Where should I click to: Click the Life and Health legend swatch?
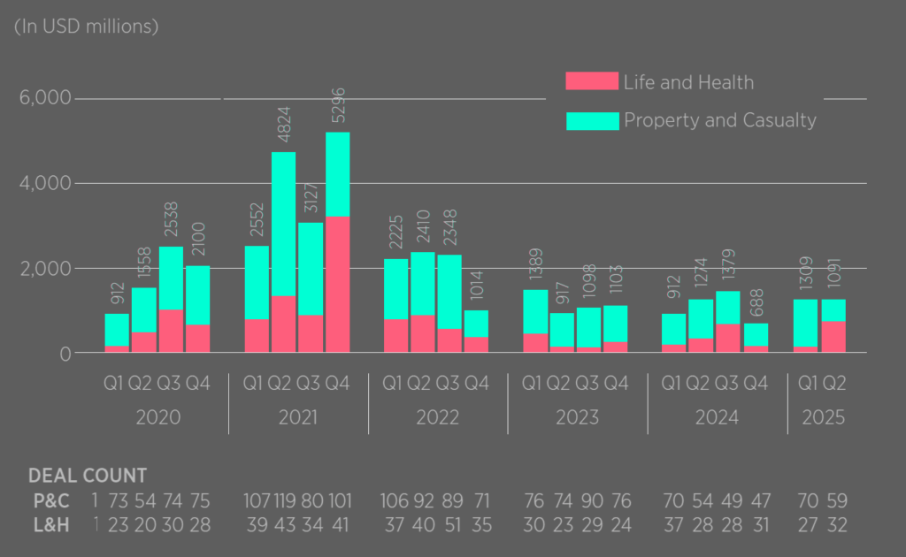pyautogui.click(x=592, y=82)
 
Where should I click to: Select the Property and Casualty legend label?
pyautogui.click(x=720, y=120)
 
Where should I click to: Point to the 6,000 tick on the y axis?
pyautogui.click(x=45, y=98)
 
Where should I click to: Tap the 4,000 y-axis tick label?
pyautogui.click(x=45, y=183)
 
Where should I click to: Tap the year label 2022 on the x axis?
pyautogui.click(x=438, y=417)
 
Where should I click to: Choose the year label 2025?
pyautogui.click(x=823, y=417)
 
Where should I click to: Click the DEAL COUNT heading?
pyautogui.click(x=88, y=476)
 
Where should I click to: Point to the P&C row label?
pyautogui.click(x=49, y=500)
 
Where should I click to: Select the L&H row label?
pyautogui.click(x=49, y=525)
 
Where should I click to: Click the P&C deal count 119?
pyautogui.click(x=284, y=500)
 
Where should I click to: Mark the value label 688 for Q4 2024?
pyautogui.click(x=756, y=305)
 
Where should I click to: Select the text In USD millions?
pyautogui.click(x=86, y=27)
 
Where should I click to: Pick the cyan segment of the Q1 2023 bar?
pyautogui.click(x=534, y=311)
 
